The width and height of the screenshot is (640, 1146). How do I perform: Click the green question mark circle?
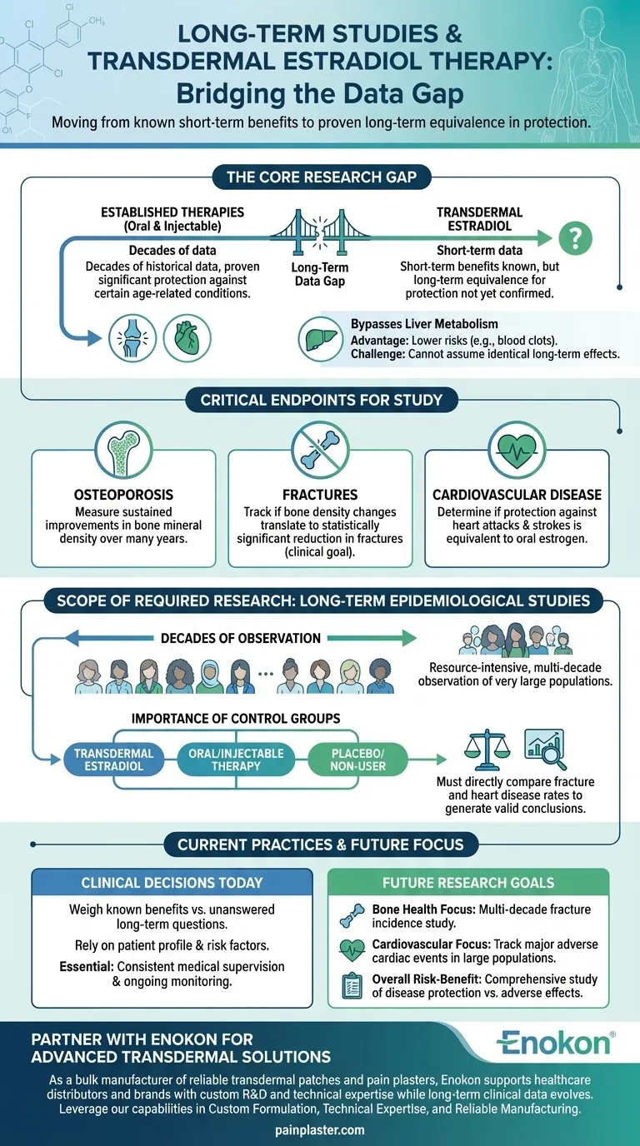574,239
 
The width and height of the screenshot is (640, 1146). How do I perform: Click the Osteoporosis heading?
122,495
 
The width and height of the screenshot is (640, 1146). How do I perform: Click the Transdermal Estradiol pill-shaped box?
113,760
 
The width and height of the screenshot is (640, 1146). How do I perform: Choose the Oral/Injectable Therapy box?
236,760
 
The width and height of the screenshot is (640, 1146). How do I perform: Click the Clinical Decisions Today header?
172,883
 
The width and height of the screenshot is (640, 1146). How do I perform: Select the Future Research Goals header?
468,883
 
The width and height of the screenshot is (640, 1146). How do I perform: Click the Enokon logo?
556,1043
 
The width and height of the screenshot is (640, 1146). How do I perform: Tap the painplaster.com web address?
319,1130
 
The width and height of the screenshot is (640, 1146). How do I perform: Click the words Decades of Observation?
240,638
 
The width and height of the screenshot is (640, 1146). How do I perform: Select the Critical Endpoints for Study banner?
321,401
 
